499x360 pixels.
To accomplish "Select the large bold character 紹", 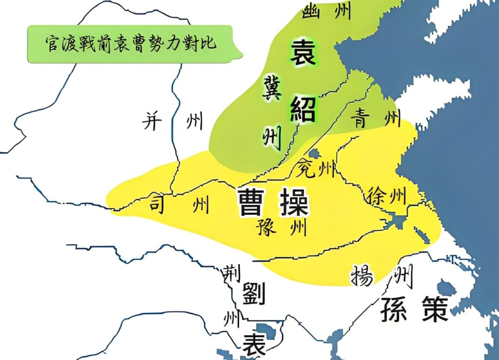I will pyautogui.click(x=303, y=108).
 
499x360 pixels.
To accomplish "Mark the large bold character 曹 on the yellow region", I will pyautogui.click(x=252, y=203).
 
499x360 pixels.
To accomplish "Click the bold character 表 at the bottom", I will pyautogui.click(x=255, y=344).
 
